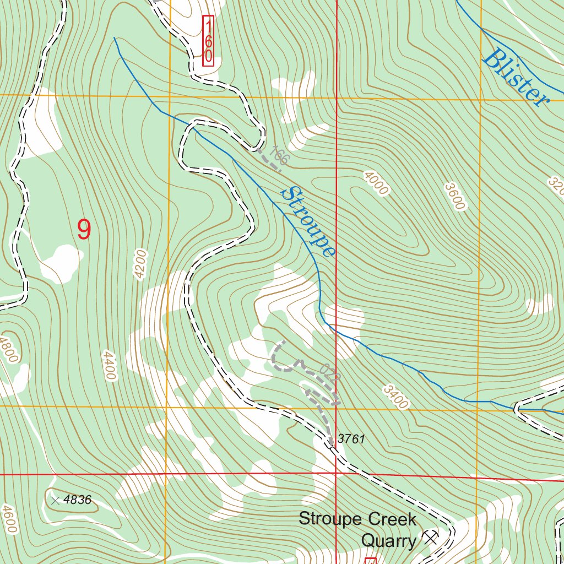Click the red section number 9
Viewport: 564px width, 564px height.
(x=84, y=230)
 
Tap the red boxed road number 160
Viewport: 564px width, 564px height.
(x=208, y=41)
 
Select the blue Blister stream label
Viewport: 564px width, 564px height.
(x=515, y=78)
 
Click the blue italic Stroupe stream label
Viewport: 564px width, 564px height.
(x=308, y=222)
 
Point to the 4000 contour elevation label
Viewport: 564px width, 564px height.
(x=376, y=183)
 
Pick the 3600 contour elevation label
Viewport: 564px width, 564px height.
(x=455, y=197)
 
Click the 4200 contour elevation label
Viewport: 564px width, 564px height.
(x=140, y=264)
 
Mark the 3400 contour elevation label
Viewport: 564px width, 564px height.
(x=396, y=397)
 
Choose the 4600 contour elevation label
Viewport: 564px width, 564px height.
(x=9, y=519)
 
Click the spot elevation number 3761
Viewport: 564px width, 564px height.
(x=351, y=439)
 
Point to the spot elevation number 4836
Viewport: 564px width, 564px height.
(x=77, y=500)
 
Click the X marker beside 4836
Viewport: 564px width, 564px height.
(x=55, y=501)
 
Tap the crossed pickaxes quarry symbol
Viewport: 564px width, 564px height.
(x=430, y=538)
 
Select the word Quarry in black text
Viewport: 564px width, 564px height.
(x=389, y=541)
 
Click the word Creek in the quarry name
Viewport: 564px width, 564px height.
(x=392, y=519)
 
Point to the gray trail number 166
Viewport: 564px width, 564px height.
(x=279, y=157)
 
